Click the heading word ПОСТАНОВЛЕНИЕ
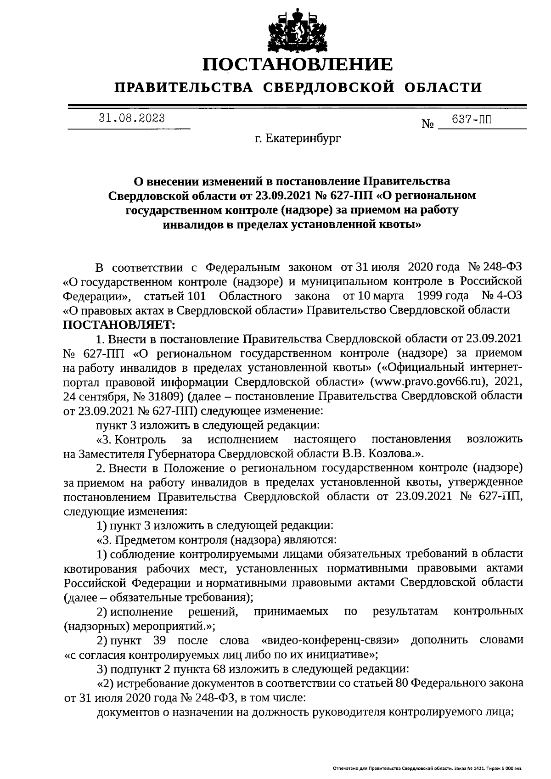(298, 64)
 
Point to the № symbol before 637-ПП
(427, 124)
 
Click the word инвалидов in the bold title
(192, 225)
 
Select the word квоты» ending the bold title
(404, 225)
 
